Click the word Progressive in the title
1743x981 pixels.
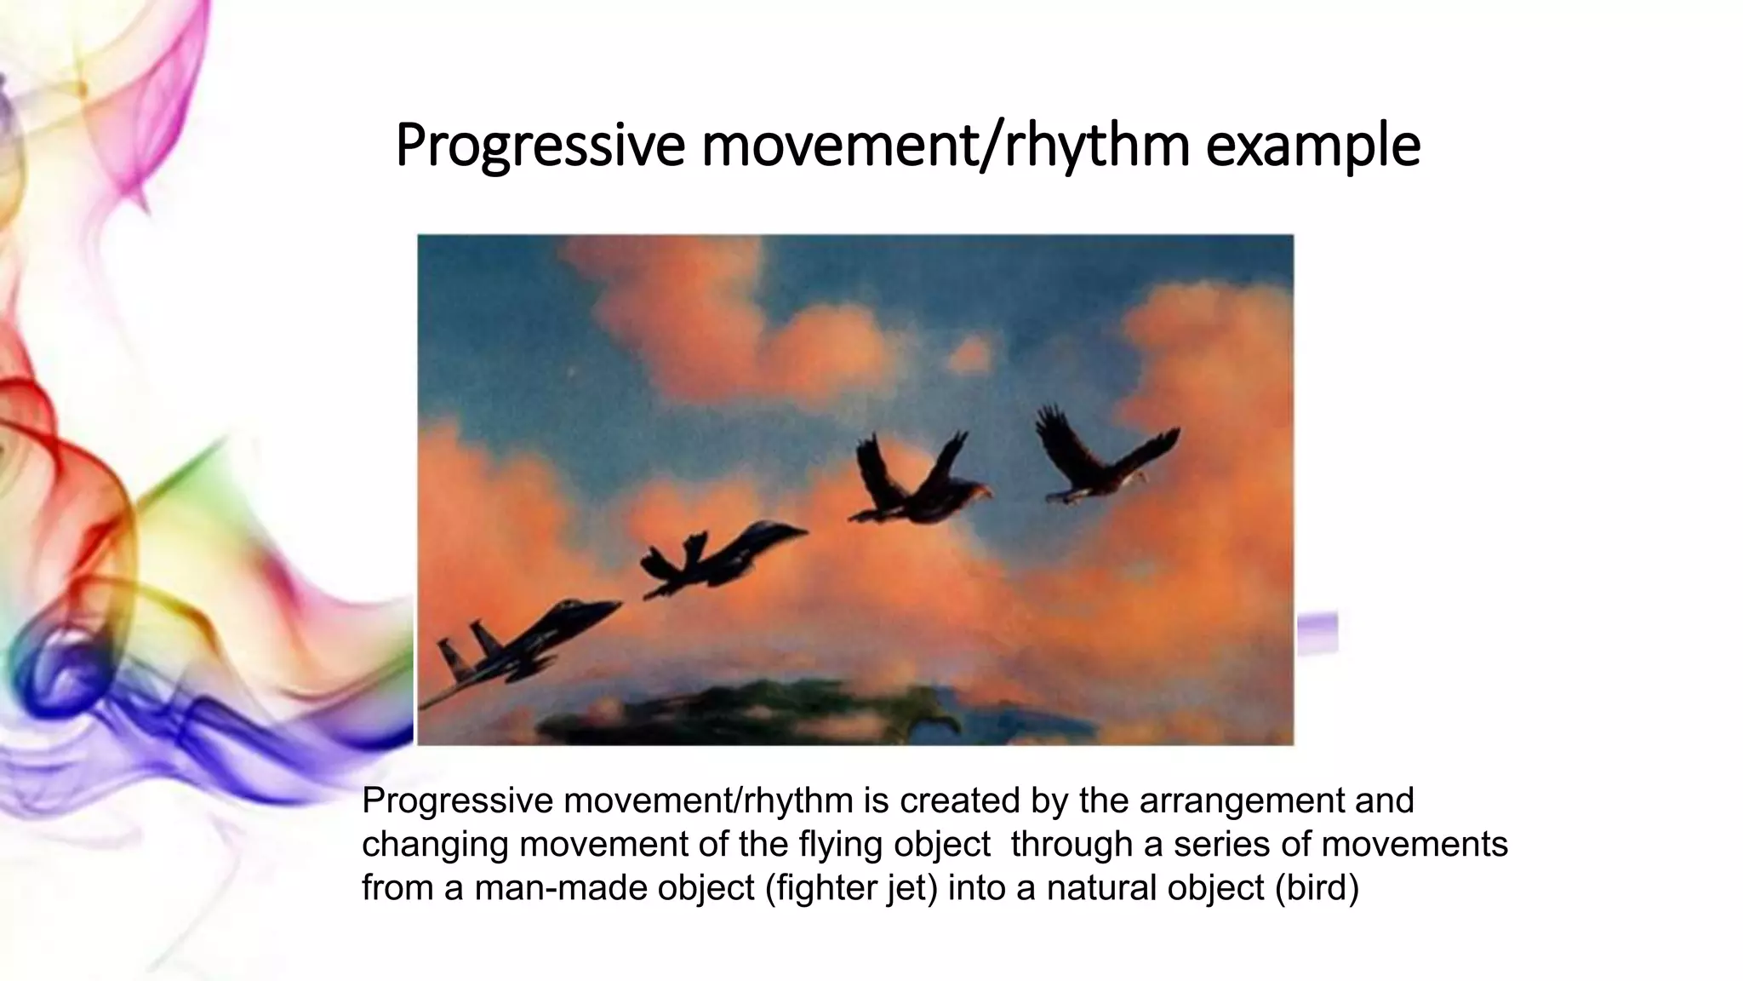[x=540, y=146]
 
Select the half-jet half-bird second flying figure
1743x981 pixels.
[x=719, y=559]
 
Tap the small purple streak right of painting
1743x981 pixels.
[x=1317, y=631]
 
